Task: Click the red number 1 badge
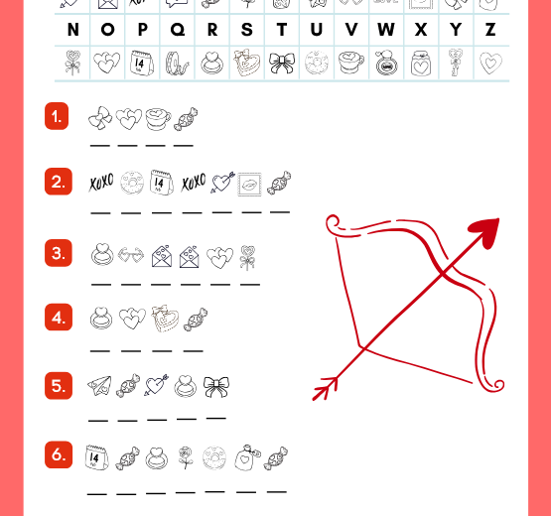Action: pos(57,117)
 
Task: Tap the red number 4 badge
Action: pos(57,318)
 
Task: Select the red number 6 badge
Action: pos(57,454)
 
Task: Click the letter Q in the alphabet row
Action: pos(178,30)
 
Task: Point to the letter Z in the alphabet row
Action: pos(489,30)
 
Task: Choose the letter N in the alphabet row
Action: pos(72,30)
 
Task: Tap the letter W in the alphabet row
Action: pos(385,30)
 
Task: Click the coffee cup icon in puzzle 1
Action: pos(157,120)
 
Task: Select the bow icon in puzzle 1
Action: pos(101,120)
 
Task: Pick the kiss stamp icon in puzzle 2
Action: pos(249,183)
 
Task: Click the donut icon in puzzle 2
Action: pos(131,183)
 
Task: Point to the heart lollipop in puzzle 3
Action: pos(247,257)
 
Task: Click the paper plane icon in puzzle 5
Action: pos(99,387)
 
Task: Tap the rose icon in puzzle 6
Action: pos(184,457)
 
